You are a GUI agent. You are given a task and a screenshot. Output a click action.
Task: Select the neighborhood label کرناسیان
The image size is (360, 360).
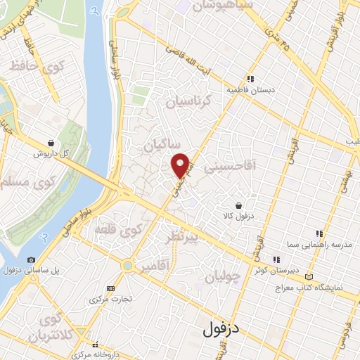[x=189, y=103]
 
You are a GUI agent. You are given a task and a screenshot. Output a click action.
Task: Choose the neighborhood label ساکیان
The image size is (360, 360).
[x=159, y=145]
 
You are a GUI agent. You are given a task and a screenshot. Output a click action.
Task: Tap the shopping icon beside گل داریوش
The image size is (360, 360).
[x=51, y=143]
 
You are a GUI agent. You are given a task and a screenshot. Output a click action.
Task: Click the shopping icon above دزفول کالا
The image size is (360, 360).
[x=240, y=206]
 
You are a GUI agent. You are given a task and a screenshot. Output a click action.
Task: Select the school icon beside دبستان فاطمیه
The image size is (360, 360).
[x=249, y=79]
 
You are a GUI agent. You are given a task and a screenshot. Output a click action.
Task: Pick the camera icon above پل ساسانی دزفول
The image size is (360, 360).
[x=31, y=259]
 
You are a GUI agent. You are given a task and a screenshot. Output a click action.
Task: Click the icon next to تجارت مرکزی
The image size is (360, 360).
[x=110, y=288]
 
